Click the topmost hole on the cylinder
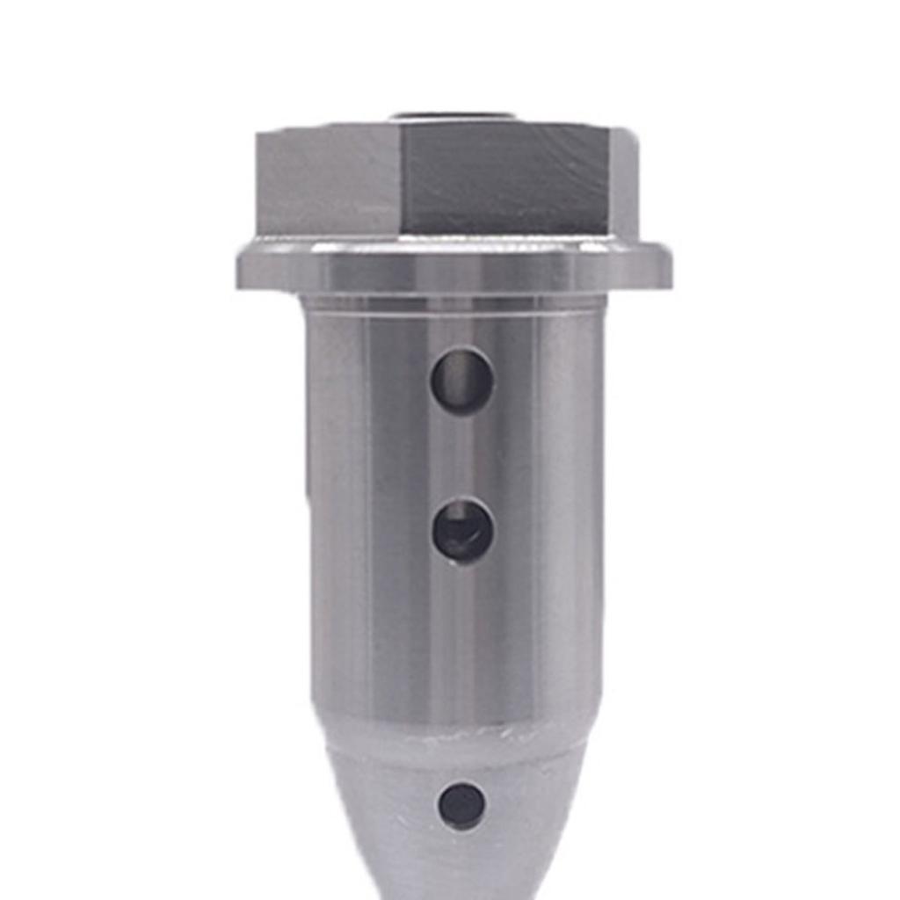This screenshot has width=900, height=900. pyautogui.click(x=461, y=381)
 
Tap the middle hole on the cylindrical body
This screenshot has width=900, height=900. pyautogui.click(x=462, y=530)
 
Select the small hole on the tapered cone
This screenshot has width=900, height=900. pyautogui.click(x=461, y=805)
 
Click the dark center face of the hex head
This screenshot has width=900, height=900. pyautogui.click(x=505, y=180)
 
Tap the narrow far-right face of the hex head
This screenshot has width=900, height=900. pyautogui.click(x=624, y=183)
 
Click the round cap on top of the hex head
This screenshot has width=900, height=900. pyautogui.click(x=453, y=116)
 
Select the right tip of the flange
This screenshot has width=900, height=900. pyautogui.click(x=670, y=269)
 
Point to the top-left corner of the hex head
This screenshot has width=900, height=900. pyautogui.click(x=258, y=134)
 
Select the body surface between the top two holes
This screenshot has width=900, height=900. pyautogui.click(x=461, y=455)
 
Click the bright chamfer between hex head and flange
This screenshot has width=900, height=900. pyautogui.click(x=453, y=243)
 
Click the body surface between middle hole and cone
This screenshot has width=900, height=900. pyautogui.click(x=461, y=642)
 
